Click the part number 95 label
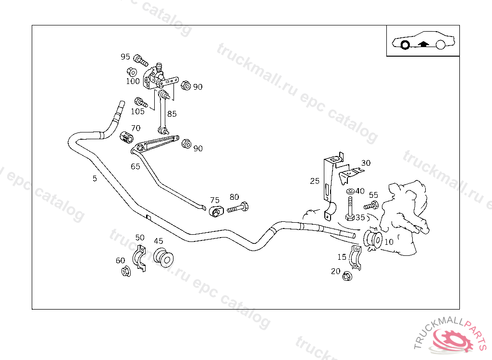click(x=125, y=57)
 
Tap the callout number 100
click(x=133, y=81)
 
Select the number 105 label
click(x=137, y=111)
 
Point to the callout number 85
click(x=172, y=114)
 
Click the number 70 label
click(x=136, y=128)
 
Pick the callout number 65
click(x=135, y=167)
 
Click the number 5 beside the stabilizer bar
click(x=95, y=179)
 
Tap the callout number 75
click(x=215, y=200)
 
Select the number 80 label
click(x=234, y=197)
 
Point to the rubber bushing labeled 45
click(x=163, y=257)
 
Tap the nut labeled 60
click(x=125, y=271)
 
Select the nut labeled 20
click(x=347, y=276)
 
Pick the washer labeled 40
click(x=350, y=191)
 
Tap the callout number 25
click(x=315, y=181)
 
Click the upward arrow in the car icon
click(x=423, y=44)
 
